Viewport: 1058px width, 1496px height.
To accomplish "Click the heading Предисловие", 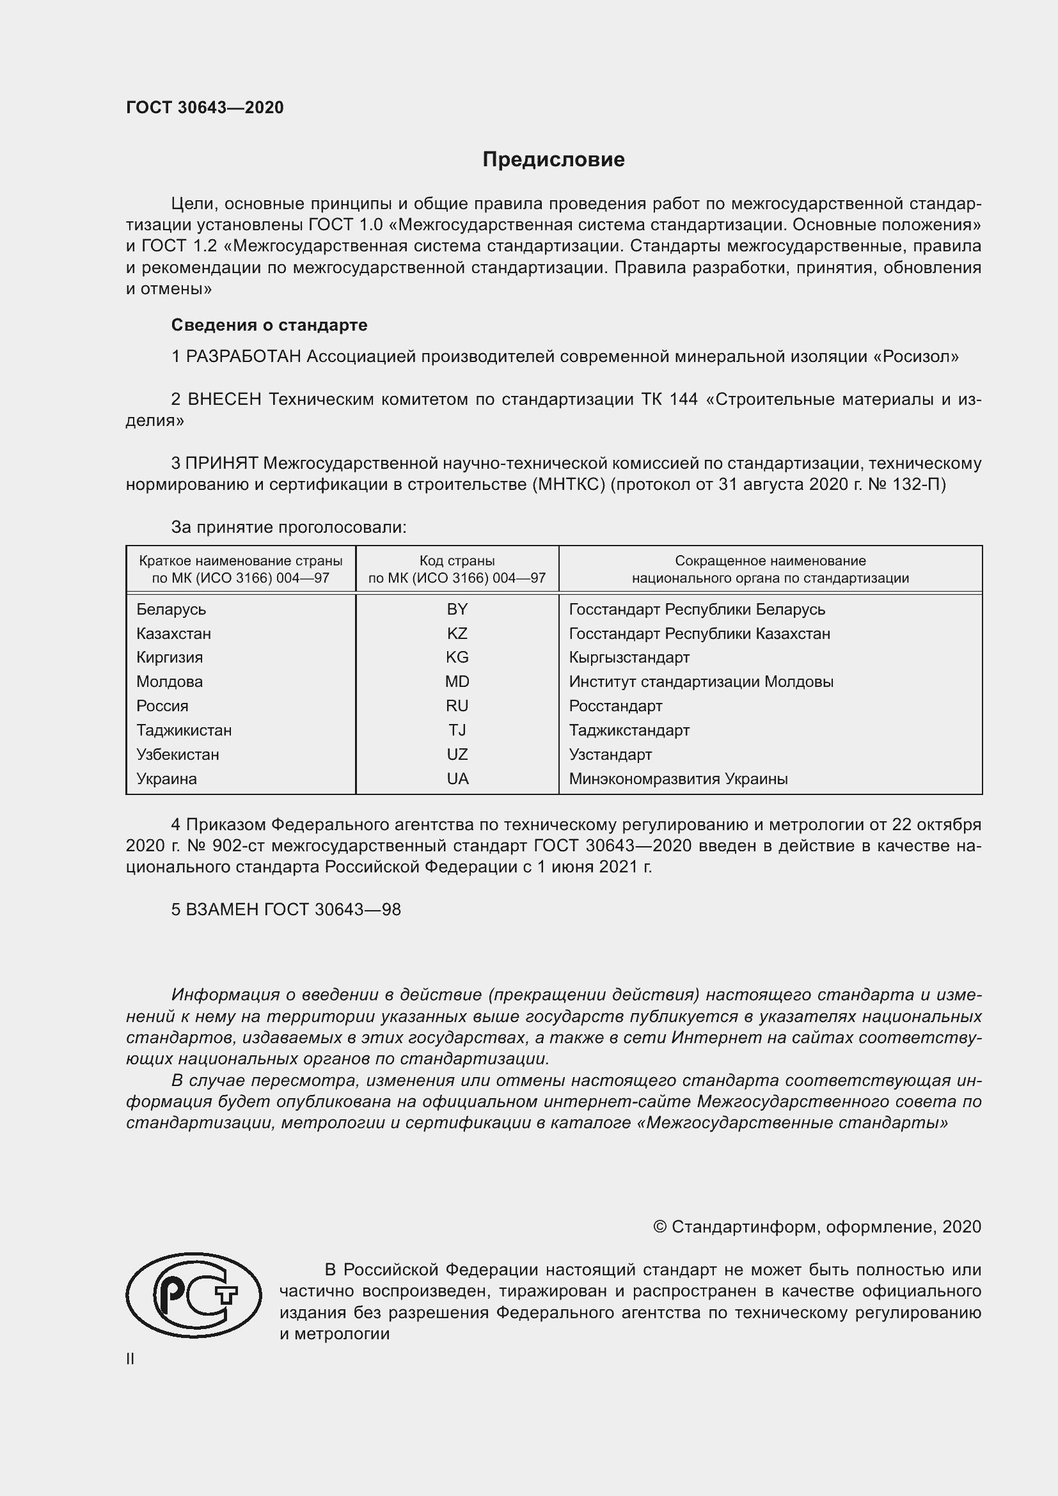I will [x=553, y=160].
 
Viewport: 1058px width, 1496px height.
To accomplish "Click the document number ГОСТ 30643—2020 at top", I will [x=205, y=107].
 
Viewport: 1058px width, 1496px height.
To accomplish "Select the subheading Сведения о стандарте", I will [x=269, y=324].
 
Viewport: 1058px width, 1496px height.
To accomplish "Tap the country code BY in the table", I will [x=457, y=610].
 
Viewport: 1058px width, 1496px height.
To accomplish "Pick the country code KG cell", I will [x=457, y=657].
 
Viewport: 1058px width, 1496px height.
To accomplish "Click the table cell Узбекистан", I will [x=177, y=755].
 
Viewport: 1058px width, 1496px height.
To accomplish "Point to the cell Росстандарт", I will [x=615, y=706].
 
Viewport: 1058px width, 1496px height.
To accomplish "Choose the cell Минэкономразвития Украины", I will [x=677, y=778].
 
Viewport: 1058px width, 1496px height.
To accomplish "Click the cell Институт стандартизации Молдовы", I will [x=701, y=682].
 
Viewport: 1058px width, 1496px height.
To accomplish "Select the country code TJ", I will [x=457, y=730].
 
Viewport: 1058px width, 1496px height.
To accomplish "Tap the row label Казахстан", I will [x=173, y=633].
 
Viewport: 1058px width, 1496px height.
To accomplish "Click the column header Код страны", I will [x=457, y=561].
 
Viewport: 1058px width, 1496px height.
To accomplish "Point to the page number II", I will [x=130, y=1359].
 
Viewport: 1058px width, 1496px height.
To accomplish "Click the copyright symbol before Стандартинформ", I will [x=659, y=1227].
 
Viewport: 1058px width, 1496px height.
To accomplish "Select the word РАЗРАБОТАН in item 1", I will [x=244, y=356].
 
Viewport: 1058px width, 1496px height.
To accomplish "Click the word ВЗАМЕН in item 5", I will [x=222, y=909].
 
